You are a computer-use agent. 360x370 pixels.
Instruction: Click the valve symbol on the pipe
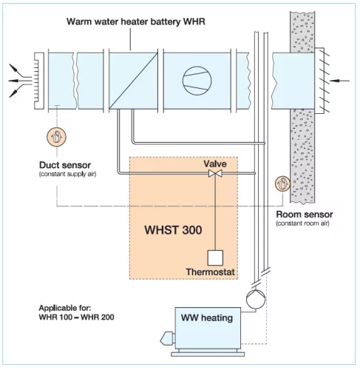pos(215,173)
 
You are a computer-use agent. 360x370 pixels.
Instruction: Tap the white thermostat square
pos(215,258)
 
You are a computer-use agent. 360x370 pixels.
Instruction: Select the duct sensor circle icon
pos(56,137)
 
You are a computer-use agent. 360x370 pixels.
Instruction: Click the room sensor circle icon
pos(282,184)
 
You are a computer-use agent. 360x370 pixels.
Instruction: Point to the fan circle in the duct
pos(197,81)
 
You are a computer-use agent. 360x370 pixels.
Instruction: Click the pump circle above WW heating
pos(256,299)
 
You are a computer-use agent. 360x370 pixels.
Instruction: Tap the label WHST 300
pos(173,230)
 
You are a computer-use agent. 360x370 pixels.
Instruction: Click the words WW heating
pos(207,318)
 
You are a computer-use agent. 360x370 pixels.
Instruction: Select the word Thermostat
pos(210,272)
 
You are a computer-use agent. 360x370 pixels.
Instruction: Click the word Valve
pos(215,164)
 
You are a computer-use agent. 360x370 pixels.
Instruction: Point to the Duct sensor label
pos(65,165)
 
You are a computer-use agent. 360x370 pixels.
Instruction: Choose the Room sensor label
pos(305,215)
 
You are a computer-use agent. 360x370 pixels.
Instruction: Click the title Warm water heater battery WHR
pos(136,21)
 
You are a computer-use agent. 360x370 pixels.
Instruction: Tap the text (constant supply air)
pos(67,174)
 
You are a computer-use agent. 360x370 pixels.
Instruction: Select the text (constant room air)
pos(302,223)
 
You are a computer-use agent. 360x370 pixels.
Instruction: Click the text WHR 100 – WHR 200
pos(76,317)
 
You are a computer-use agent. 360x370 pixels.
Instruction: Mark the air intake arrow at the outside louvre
pos(340,81)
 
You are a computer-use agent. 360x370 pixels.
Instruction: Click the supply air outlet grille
pos(39,81)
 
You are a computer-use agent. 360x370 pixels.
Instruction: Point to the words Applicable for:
pos(65,308)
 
